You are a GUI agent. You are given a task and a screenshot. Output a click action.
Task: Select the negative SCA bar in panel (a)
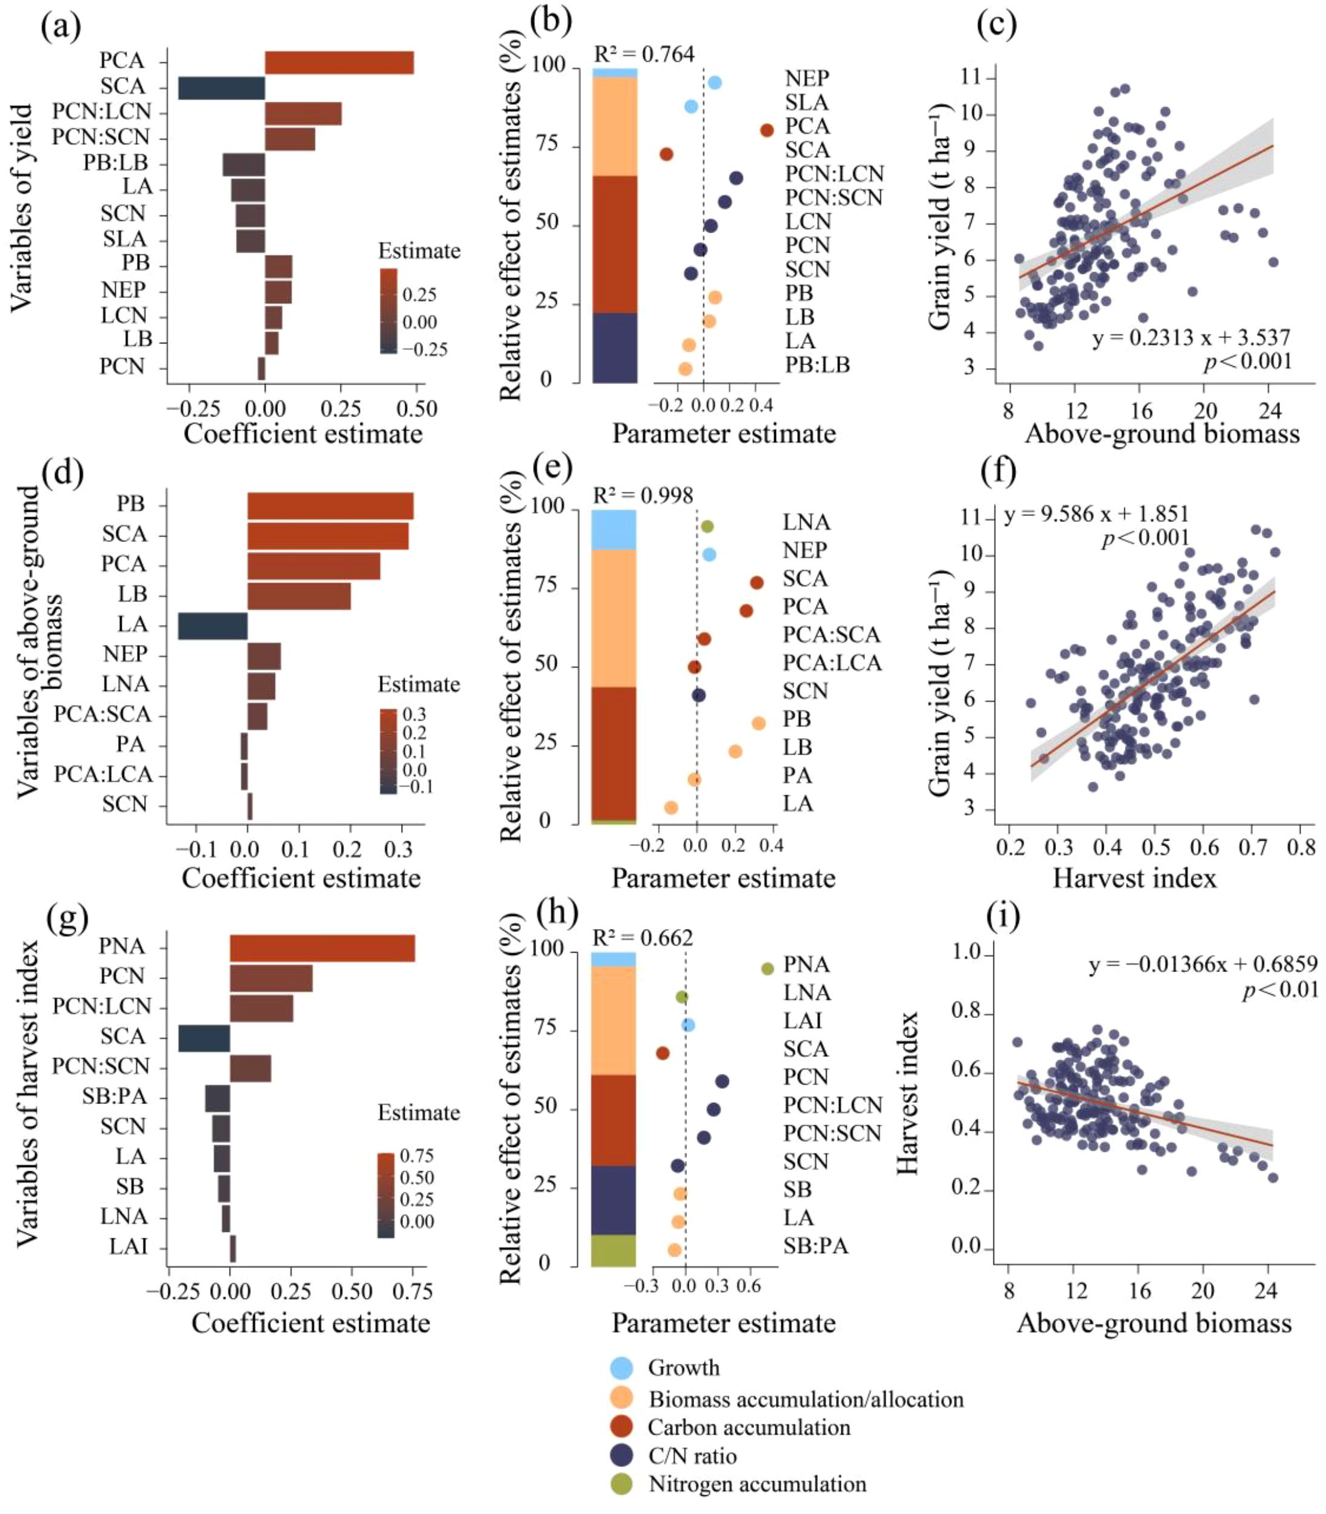tap(221, 88)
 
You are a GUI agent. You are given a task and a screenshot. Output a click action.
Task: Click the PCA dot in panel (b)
tap(767, 131)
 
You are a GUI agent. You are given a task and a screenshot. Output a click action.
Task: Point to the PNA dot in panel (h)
tap(767, 969)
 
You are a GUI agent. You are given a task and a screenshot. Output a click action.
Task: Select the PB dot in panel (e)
tap(758, 723)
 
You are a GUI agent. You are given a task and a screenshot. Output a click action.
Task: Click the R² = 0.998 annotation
tap(643, 495)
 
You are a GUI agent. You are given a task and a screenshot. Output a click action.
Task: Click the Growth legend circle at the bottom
tap(622, 1367)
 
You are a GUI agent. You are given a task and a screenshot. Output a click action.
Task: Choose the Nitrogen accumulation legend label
tap(757, 1484)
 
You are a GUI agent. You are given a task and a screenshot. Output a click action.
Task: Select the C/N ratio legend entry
tap(692, 1456)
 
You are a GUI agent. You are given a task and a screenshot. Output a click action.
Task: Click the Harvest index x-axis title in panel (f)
tap(1135, 878)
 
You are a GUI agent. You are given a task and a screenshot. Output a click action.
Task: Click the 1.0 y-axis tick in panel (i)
tap(966, 954)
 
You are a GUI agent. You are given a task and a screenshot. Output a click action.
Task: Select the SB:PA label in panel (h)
tap(815, 1246)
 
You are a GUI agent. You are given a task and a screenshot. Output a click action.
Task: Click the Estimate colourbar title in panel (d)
tap(419, 684)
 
